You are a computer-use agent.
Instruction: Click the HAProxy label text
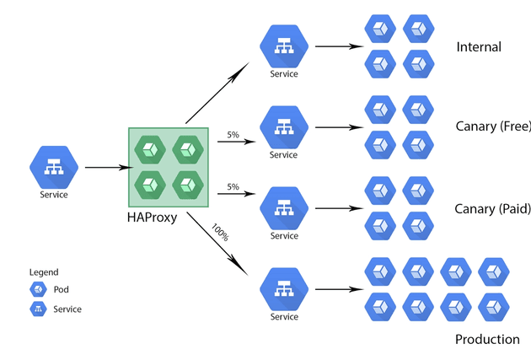point(152,218)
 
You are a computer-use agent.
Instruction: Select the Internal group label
point(479,46)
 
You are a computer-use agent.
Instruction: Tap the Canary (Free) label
point(493,126)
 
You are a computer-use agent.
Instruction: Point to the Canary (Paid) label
point(493,209)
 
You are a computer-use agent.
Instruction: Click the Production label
point(487,339)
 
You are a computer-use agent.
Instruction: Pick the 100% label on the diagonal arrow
point(220,233)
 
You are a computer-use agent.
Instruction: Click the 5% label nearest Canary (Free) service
point(233,135)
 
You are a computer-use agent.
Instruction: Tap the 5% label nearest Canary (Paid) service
point(233,187)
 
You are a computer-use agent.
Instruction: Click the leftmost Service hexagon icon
point(54,167)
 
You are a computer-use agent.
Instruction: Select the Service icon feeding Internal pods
point(284,46)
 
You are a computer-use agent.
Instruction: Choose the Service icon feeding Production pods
point(284,289)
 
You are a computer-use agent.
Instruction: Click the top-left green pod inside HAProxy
point(150,150)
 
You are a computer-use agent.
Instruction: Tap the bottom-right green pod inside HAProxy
point(188,185)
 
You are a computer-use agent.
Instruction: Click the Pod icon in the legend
point(38,289)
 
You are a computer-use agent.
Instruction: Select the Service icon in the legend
point(38,309)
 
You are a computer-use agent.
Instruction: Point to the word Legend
point(44,272)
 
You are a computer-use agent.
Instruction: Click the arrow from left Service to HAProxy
point(109,167)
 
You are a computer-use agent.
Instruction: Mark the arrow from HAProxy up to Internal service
point(217,93)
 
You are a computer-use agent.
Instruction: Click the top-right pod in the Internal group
point(419,29)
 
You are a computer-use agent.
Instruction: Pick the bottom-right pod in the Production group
point(494,307)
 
